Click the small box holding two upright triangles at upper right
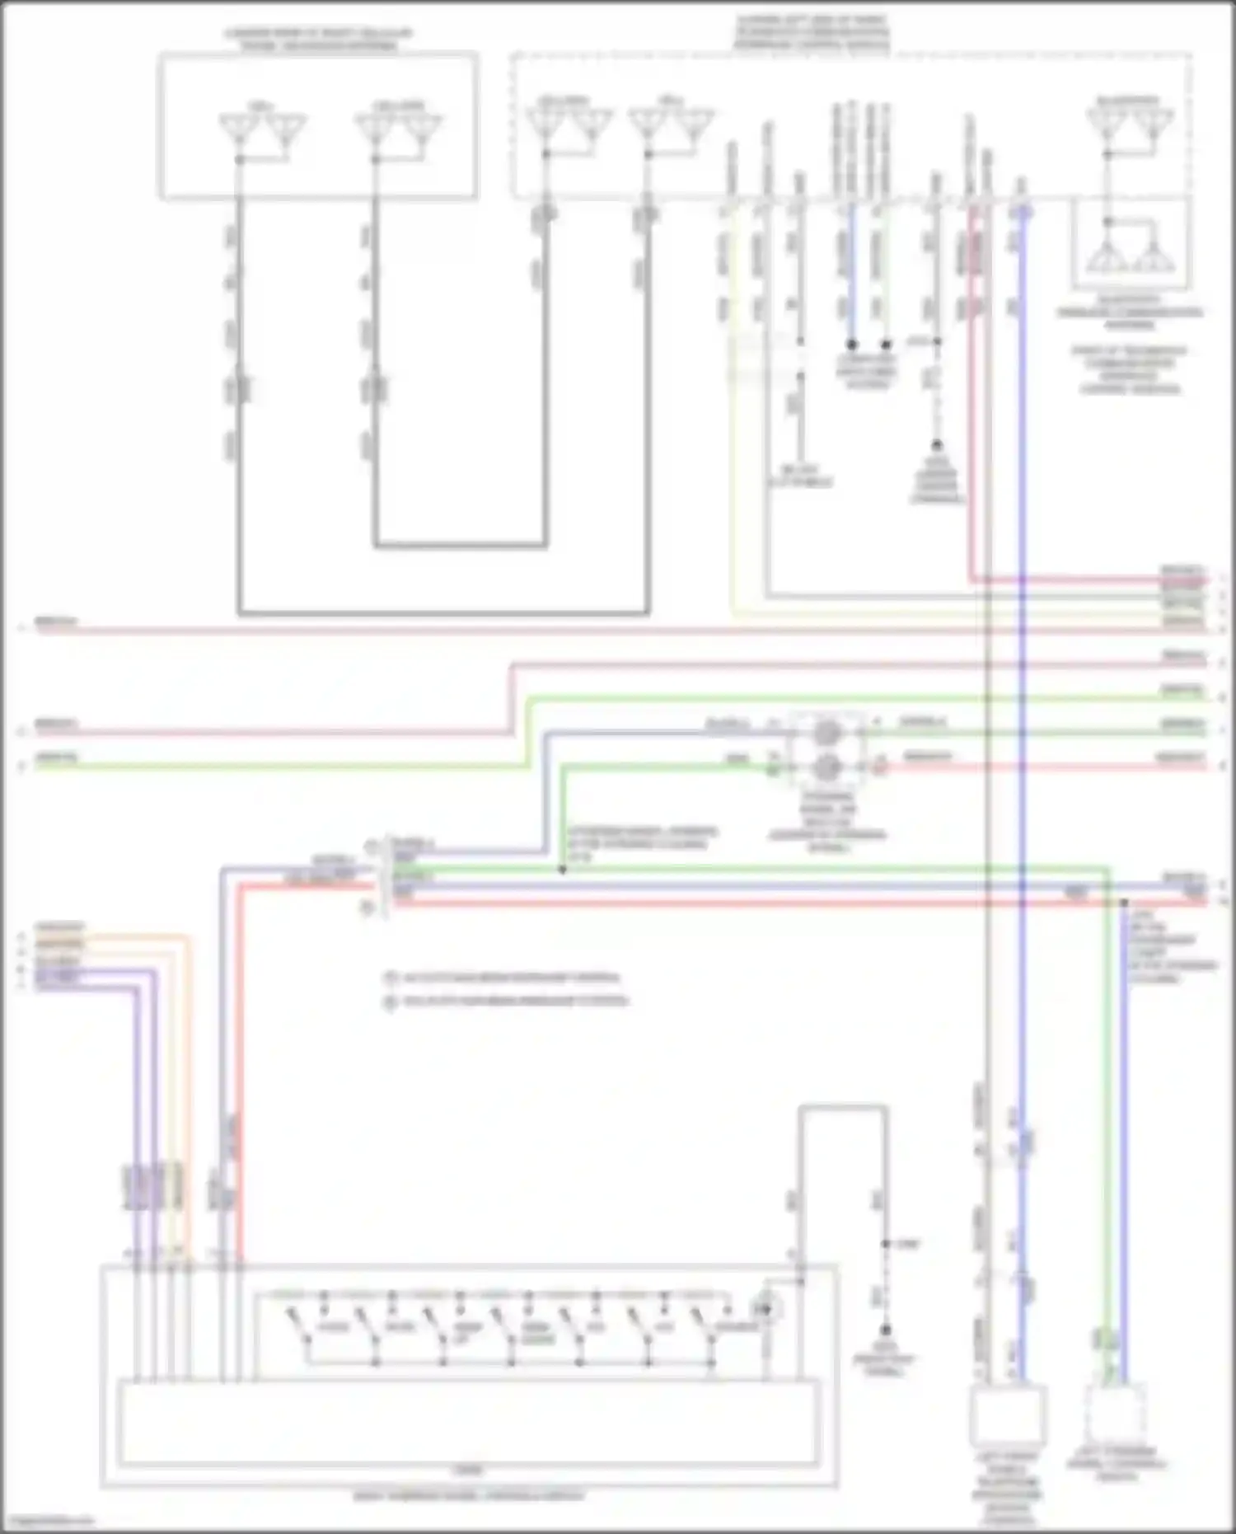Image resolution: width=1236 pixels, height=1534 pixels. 1131,245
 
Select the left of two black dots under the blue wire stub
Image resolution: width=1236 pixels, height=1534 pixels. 852,344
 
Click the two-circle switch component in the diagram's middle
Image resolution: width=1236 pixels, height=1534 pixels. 827,749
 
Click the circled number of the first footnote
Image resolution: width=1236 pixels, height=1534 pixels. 391,978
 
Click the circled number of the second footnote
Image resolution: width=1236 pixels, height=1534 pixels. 391,1002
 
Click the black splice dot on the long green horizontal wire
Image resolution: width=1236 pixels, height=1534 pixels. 563,870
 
